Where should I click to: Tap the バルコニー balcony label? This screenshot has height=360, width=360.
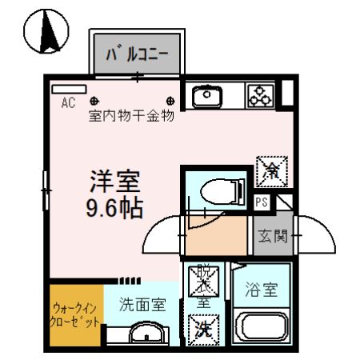click(138, 55)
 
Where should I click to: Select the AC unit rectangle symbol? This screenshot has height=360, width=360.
click(68, 88)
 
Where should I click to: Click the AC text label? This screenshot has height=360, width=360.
click(67, 102)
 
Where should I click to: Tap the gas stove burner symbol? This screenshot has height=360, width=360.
click(261, 97)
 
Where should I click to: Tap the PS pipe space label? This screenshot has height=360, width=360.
click(261, 202)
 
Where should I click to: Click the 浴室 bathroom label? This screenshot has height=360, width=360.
click(261, 290)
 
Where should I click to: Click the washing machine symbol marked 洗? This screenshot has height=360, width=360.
click(202, 329)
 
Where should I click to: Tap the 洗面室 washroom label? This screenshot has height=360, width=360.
click(142, 304)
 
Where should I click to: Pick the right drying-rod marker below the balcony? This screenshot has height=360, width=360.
click(171, 102)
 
